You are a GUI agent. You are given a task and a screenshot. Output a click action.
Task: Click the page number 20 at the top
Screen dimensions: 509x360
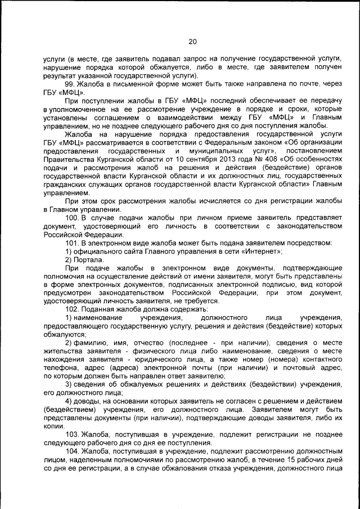tap(192, 42)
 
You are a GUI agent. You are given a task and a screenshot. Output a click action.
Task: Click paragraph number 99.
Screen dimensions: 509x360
tap(71, 83)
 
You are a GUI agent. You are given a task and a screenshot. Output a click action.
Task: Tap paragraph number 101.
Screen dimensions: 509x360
tap(73, 243)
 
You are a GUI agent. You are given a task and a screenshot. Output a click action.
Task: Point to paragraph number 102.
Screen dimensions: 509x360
tap(73, 310)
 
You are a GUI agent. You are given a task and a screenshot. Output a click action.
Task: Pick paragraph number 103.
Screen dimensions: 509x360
tap(73, 435)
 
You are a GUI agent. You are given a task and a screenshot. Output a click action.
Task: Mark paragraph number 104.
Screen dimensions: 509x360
tap(73, 451)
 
